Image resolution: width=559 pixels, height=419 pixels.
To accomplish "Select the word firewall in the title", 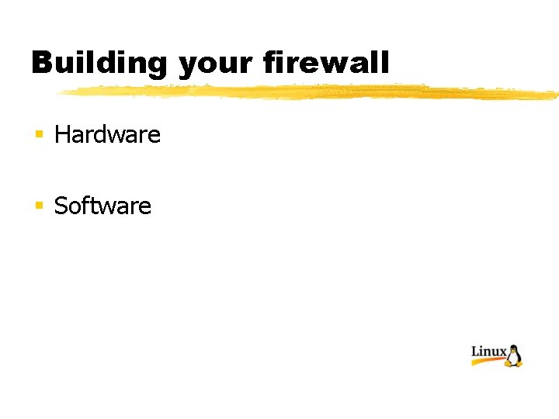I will (x=326, y=63).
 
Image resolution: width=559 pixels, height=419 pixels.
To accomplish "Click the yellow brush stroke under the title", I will (x=311, y=93).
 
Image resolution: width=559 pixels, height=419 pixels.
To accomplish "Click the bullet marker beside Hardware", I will (x=38, y=135).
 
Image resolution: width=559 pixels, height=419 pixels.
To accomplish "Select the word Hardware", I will (x=107, y=135).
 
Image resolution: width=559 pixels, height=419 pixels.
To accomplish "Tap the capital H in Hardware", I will (x=63, y=135).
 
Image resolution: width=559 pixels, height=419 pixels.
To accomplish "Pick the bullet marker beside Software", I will (x=38, y=206).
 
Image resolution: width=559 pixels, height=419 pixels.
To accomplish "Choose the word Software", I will (x=102, y=206).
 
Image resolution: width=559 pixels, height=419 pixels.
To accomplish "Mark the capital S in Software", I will (x=61, y=206).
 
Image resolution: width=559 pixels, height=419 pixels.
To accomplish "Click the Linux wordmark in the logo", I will (x=489, y=352).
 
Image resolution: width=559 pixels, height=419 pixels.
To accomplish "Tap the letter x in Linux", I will (x=502, y=354).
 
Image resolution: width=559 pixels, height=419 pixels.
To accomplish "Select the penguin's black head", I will (x=513, y=348).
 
